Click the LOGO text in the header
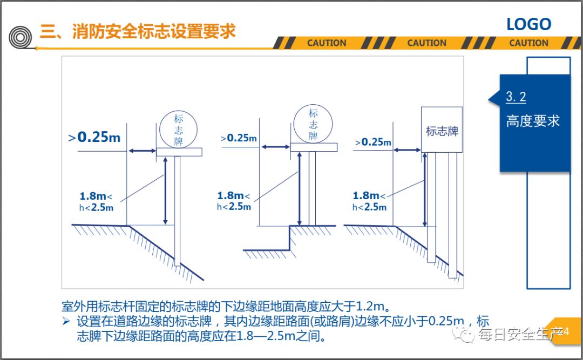(x=528, y=24)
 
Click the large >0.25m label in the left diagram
(x=95, y=137)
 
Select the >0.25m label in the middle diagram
(x=239, y=138)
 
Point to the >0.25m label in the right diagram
(x=373, y=142)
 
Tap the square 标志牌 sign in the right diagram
(x=442, y=130)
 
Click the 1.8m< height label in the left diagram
(x=96, y=196)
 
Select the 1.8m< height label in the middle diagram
(x=233, y=196)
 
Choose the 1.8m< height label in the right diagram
(x=369, y=196)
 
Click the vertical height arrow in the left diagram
(x=166, y=191)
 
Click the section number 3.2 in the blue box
(x=516, y=97)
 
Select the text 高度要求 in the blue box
(x=532, y=121)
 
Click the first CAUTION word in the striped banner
(x=327, y=43)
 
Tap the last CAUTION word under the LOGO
(x=528, y=43)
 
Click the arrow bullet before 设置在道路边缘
(x=66, y=322)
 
